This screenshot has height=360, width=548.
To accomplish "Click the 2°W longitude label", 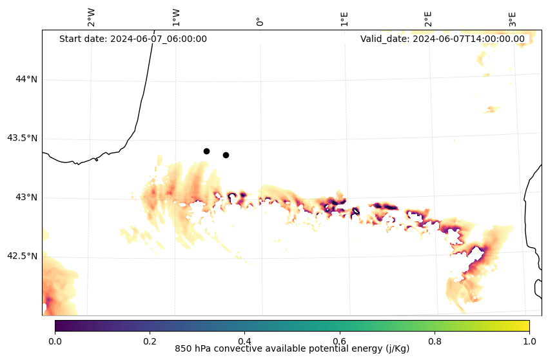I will [91, 18].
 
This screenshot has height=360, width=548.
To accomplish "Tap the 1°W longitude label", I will [175, 18].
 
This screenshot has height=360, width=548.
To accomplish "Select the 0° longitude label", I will [260, 21].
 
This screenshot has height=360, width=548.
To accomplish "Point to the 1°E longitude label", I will [344, 19].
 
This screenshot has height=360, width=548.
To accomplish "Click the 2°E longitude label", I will [428, 19].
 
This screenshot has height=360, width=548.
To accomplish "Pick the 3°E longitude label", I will [513, 19].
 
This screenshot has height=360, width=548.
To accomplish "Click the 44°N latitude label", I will [26, 79].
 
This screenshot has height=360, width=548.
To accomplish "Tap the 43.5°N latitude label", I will [22, 138].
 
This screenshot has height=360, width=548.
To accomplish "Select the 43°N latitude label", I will [26, 197].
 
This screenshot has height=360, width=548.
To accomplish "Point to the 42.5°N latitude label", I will [22, 256].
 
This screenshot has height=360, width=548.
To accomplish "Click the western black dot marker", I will [206, 151].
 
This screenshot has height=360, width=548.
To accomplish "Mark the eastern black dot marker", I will [226, 155].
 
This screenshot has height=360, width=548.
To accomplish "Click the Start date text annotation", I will [133, 39].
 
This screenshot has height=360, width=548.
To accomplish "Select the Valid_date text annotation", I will [442, 39].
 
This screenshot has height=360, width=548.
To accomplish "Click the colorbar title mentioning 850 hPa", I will [292, 349].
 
